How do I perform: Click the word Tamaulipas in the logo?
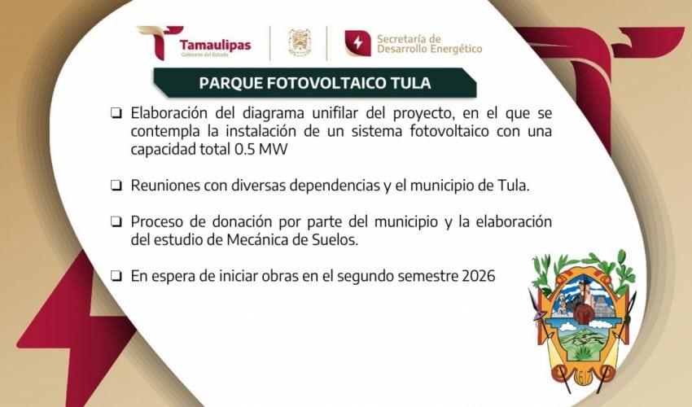pos(215,45)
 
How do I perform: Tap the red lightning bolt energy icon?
pos(357,43)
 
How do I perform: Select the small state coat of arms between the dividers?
pos(300,43)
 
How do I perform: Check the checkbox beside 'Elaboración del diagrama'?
pos(116,113)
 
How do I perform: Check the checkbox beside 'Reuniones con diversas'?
pos(116,186)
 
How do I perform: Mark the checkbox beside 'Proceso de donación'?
pos(116,221)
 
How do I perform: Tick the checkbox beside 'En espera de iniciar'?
pos(116,276)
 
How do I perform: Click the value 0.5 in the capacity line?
pos(244,150)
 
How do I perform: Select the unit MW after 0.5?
pos(273,150)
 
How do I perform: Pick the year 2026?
pos(479,276)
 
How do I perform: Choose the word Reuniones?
pos(165,186)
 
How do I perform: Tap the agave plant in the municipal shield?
pos(583,352)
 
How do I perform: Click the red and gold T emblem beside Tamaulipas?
pos(159,42)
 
